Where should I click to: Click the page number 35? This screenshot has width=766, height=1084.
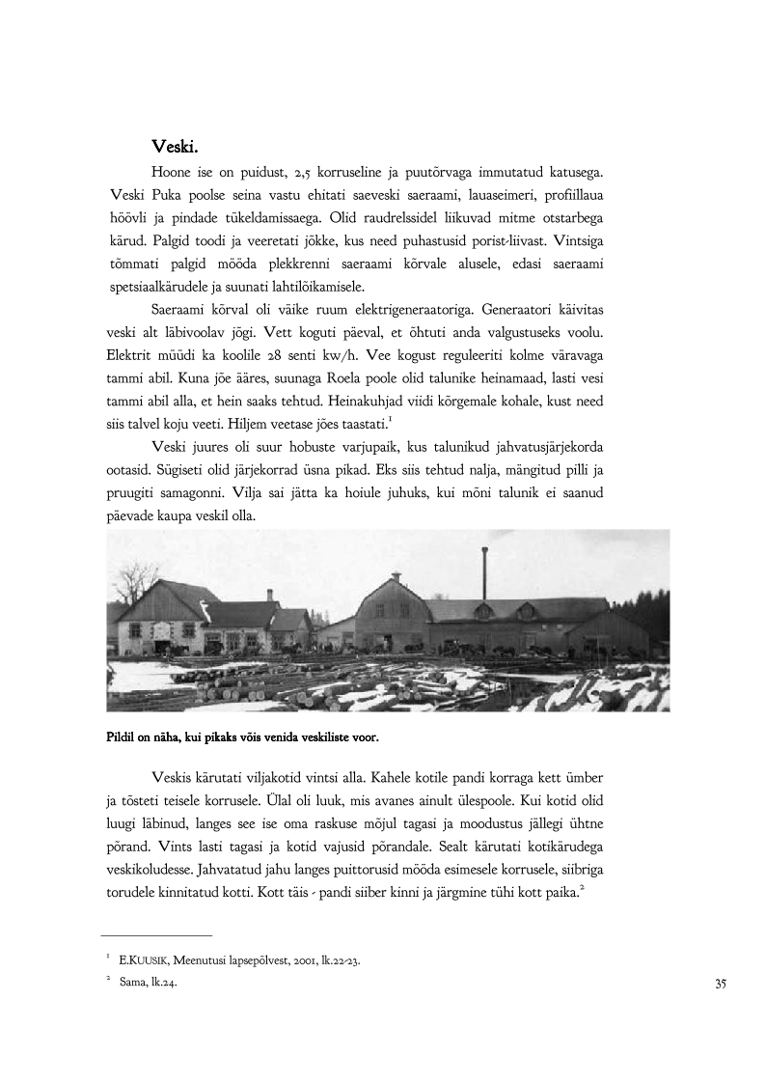click(720, 984)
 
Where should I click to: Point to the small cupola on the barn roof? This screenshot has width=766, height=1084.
click(396, 578)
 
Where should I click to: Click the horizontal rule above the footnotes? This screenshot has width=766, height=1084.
click(156, 935)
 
